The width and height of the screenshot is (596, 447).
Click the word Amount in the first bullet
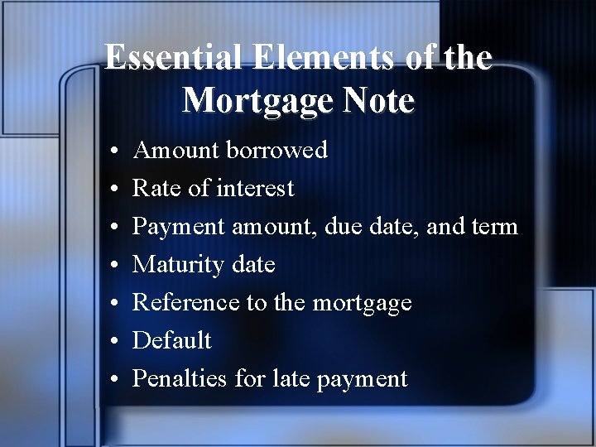coord(175,150)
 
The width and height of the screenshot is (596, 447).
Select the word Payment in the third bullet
coord(179,227)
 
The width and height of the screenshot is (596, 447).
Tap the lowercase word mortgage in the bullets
coord(362,304)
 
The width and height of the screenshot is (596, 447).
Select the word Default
coord(172,340)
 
